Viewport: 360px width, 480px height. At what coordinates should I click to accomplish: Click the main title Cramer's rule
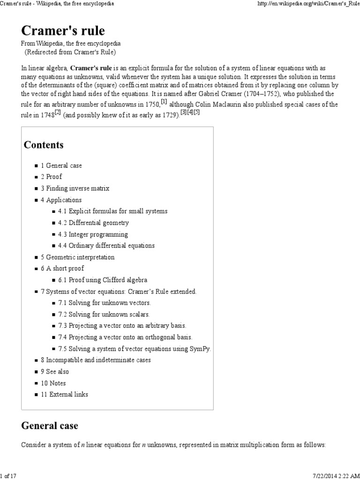coord(63,31)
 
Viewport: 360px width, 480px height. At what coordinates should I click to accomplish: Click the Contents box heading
coord(44,145)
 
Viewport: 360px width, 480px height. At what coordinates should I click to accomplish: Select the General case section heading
coord(50,426)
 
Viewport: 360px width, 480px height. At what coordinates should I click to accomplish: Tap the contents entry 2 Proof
coord(51,177)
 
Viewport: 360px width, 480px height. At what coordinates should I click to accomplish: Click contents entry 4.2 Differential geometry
coord(93,223)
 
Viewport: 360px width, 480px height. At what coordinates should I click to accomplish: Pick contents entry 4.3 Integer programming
coord(93,234)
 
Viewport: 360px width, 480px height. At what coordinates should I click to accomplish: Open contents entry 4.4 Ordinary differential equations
coord(106,246)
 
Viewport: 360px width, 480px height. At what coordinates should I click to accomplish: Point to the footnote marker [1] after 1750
coord(164,102)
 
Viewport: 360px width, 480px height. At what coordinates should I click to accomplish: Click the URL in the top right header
coord(309,4)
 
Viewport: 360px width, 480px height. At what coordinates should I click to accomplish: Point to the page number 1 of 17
coord(8,476)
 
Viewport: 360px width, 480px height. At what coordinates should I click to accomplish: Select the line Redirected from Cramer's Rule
coord(70,52)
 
